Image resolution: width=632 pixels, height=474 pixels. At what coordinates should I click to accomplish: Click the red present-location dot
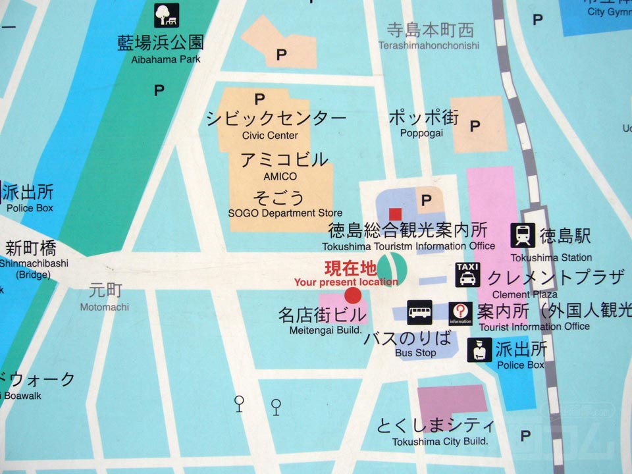pos(353,295)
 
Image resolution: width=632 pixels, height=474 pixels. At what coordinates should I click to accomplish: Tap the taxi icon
pos(467,274)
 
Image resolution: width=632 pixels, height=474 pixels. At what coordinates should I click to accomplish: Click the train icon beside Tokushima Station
pos(523,235)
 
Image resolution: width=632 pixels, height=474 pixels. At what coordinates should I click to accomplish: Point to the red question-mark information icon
pos(461,313)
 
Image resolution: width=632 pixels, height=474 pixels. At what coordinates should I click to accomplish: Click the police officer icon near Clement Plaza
pos(479,350)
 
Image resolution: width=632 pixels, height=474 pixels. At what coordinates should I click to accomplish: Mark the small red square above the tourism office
pos(395,213)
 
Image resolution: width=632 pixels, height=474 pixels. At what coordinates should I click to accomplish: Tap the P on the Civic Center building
pos(259,99)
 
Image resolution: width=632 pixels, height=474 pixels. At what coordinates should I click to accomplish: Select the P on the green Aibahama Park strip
pos(159,90)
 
